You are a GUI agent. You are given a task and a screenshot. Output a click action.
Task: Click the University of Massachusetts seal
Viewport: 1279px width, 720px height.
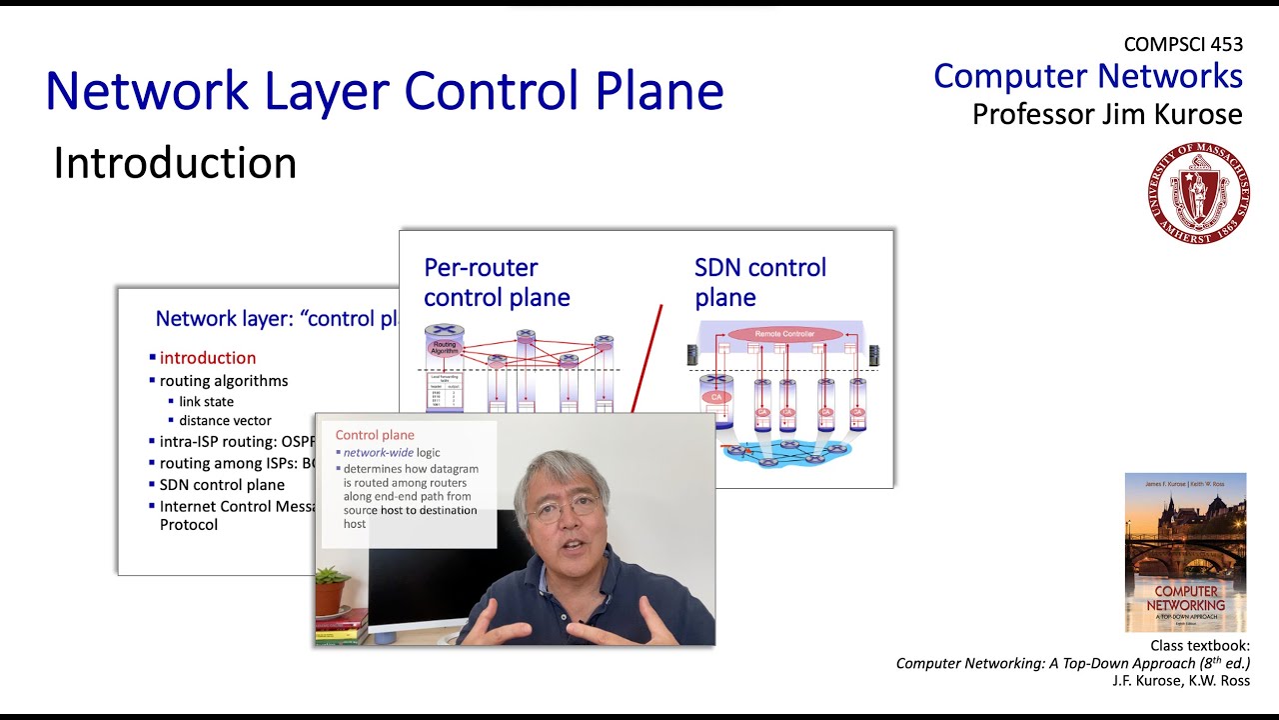(x=1198, y=193)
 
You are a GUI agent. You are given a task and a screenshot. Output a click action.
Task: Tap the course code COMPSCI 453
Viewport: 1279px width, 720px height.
(x=1183, y=44)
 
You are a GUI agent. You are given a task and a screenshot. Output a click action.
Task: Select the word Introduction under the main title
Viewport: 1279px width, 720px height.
(x=175, y=163)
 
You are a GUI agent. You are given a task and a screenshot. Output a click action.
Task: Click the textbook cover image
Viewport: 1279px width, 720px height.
(x=1185, y=552)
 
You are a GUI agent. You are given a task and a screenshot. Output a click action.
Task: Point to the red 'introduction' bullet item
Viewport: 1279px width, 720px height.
(x=208, y=358)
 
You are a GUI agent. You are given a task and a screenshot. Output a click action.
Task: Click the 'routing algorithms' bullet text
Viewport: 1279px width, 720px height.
(x=224, y=381)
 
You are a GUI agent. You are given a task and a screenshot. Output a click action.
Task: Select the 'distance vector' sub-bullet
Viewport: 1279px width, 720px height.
(x=225, y=421)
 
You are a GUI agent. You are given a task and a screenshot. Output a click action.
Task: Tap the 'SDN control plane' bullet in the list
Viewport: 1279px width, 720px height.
(x=222, y=485)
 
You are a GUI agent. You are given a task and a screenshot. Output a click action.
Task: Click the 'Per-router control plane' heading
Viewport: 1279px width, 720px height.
(x=497, y=282)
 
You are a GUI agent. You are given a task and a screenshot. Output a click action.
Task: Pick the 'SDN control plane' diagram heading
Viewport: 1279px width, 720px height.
(x=760, y=282)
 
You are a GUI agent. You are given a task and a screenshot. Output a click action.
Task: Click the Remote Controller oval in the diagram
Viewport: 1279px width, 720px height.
(x=784, y=334)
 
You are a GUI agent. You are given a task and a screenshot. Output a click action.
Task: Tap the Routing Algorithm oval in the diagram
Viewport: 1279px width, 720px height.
(x=443, y=348)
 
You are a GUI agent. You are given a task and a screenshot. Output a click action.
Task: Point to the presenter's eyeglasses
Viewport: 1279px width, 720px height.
(x=565, y=507)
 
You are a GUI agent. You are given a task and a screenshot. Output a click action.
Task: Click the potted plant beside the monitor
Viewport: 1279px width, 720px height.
(x=331, y=590)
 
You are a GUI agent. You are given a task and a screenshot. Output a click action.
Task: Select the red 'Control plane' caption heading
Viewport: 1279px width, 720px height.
(x=375, y=435)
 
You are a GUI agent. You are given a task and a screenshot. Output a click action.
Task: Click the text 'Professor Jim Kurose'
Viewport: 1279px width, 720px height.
(x=1107, y=113)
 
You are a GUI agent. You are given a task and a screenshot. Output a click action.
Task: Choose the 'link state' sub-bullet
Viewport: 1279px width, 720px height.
(x=206, y=402)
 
